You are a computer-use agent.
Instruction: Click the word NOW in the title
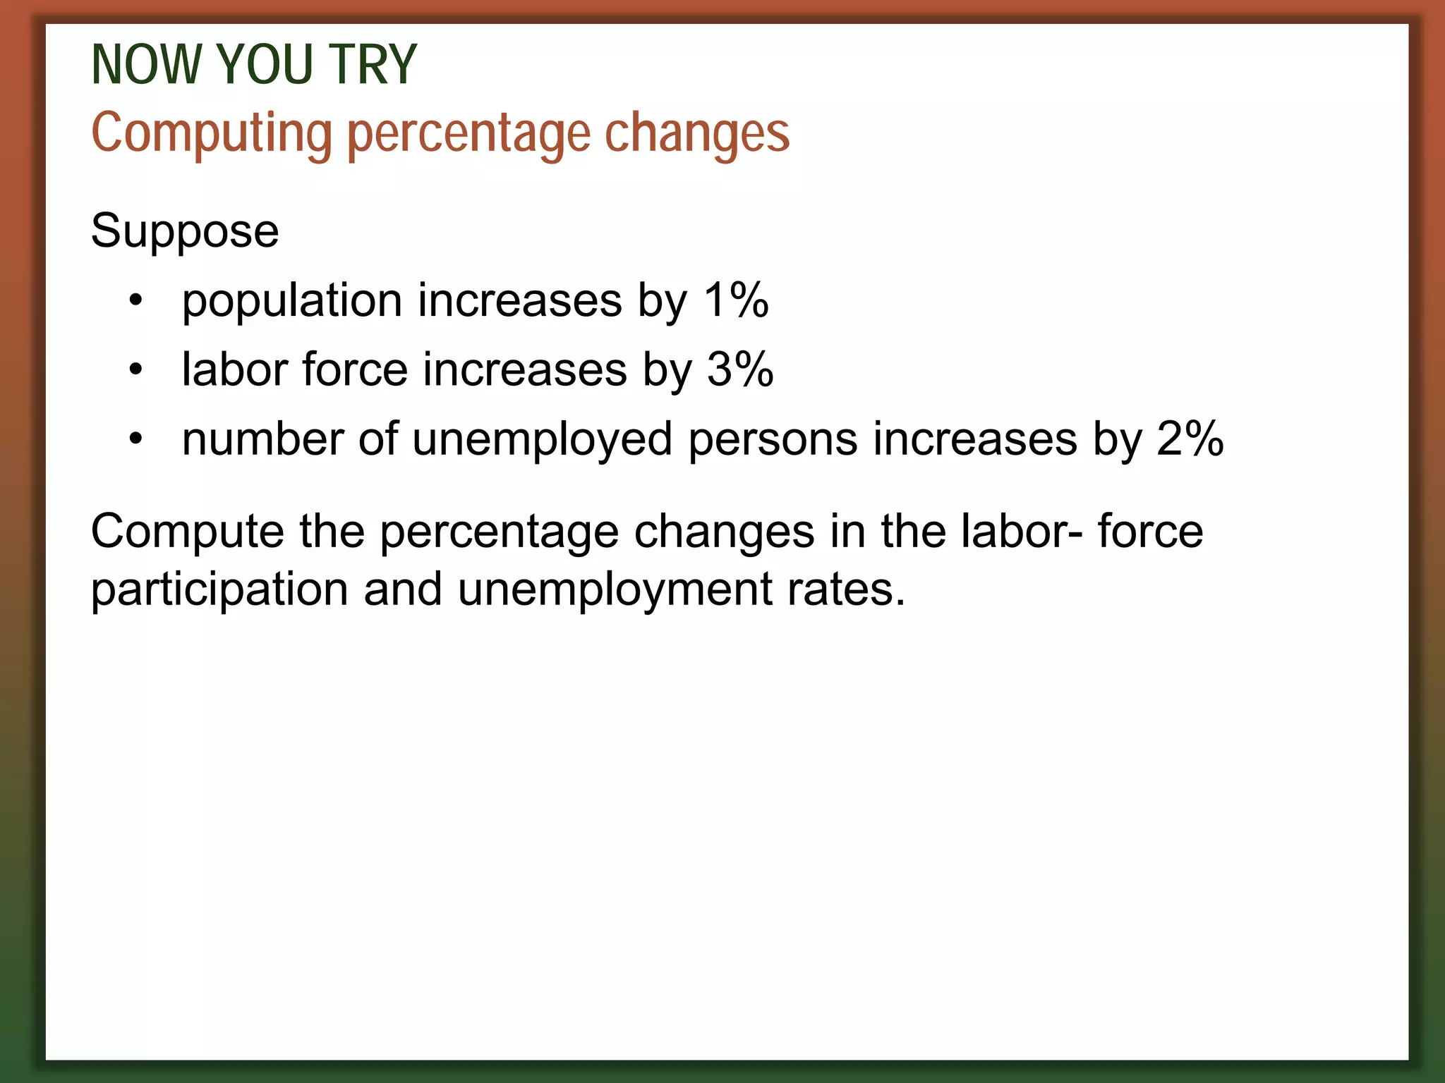point(145,65)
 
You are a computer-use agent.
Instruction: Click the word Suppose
point(185,231)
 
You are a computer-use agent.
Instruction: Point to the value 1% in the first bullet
point(736,300)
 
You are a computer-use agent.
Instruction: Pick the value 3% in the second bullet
point(740,369)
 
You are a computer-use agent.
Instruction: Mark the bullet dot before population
point(136,302)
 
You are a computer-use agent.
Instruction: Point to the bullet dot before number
point(136,439)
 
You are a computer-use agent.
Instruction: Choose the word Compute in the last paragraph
point(187,532)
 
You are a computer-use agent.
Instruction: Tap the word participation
point(219,589)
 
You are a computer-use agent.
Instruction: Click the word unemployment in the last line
point(615,591)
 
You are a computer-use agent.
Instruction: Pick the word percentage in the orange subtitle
point(469,135)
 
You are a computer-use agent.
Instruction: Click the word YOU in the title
point(265,65)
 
